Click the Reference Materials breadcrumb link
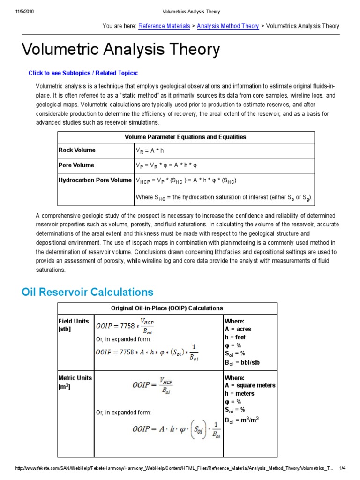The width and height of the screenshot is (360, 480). pyautogui.click(x=164, y=26)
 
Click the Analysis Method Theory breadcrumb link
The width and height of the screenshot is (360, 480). pyautogui.click(x=228, y=26)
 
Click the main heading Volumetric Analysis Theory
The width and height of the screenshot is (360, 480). pyautogui.click(x=121, y=50)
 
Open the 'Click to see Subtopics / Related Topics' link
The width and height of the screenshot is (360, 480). pyautogui.click(x=83, y=73)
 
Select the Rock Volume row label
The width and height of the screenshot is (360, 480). pyautogui.click(x=77, y=150)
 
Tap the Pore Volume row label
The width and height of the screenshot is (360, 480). pyautogui.click(x=76, y=165)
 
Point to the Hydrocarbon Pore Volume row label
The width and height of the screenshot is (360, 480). pyautogui.click(x=95, y=180)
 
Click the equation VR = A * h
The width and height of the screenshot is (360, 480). pyautogui.click(x=150, y=151)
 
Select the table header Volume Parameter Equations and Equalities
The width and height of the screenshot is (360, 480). pyautogui.click(x=185, y=137)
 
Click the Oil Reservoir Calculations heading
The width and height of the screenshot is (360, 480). pyautogui.click(x=88, y=292)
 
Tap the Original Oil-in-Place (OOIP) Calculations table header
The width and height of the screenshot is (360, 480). pyautogui.click(x=167, y=308)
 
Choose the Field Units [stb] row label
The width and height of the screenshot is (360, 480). pyautogui.click(x=74, y=325)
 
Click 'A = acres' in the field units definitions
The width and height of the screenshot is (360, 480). pyautogui.click(x=238, y=330)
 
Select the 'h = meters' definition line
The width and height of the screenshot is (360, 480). pyautogui.click(x=239, y=394)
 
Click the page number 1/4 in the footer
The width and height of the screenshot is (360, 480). pyautogui.click(x=342, y=469)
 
